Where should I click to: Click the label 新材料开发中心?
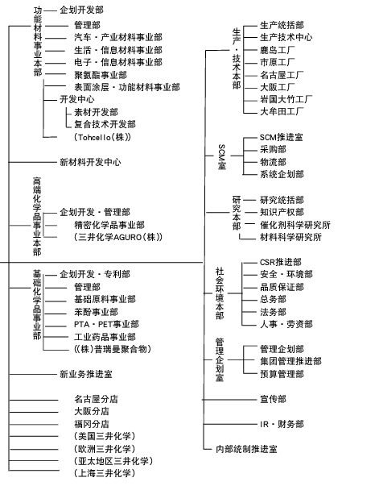(90, 162)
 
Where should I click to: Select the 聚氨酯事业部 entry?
(101, 75)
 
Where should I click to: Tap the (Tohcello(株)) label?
(102, 137)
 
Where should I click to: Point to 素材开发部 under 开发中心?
(97, 112)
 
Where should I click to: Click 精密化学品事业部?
(109, 225)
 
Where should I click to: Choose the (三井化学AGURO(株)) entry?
(118, 237)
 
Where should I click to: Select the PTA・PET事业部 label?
(106, 324)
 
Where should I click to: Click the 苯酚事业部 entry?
(97, 312)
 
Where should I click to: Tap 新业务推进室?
(86, 374)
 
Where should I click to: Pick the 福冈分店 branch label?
(92, 424)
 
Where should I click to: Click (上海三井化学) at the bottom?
(105, 473)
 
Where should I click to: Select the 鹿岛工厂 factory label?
(278, 50)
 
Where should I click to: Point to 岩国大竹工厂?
(286, 99)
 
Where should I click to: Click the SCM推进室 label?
(282, 137)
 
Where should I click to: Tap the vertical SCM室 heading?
(222, 156)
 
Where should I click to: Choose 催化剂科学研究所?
(295, 225)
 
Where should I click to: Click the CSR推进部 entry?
(281, 262)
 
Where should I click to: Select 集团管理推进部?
(290, 361)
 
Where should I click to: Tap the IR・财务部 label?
(282, 424)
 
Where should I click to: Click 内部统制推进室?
(246, 449)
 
